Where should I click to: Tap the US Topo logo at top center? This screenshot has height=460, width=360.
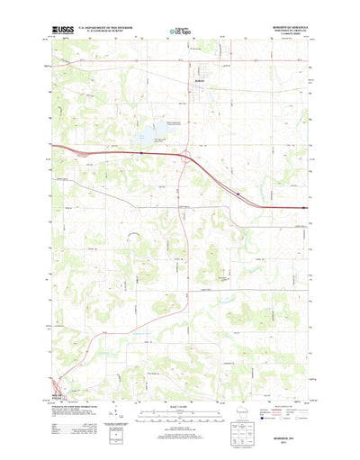coord(179,32)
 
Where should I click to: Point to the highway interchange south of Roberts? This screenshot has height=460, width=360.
coord(186,163)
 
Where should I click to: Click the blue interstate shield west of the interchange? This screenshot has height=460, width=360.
coord(141,153)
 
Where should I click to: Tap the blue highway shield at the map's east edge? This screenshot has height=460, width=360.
coord(304,208)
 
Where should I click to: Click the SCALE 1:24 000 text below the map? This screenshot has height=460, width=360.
coord(179,407)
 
